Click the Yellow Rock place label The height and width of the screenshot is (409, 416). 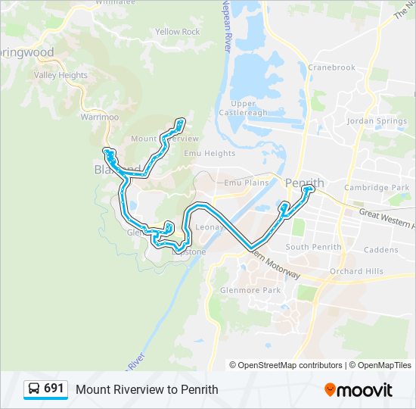tap(177, 32)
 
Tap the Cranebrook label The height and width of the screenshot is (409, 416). tap(331, 67)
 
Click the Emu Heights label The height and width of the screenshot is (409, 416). tap(210, 153)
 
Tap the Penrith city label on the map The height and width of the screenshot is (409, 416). tap(304, 183)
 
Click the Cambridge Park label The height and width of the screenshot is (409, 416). tap(376, 187)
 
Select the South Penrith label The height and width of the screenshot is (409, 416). tap(313, 247)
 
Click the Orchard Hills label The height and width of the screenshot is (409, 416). tap(356, 271)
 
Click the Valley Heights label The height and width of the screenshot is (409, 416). tap(61, 76)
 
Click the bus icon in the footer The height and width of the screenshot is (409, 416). tap(34, 389)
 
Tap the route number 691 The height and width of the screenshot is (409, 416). tap(54, 389)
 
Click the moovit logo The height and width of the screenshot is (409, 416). tap(359, 390)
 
